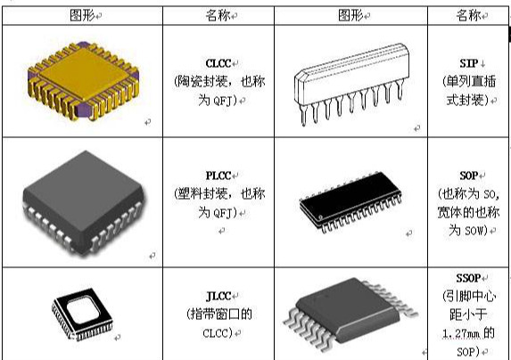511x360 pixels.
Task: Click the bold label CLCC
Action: (x=218, y=63)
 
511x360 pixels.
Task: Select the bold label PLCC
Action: (x=218, y=176)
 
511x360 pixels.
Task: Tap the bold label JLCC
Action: (x=218, y=296)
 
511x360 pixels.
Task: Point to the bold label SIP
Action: (x=469, y=63)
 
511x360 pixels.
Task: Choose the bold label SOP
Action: (x=468, y=176)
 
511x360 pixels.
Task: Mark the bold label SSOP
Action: (x=468, y=278)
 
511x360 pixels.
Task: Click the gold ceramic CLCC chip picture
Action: (x=84, y=81)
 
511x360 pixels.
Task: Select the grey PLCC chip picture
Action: (x=84, y=202)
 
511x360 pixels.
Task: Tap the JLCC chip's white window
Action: (x=83, y=311)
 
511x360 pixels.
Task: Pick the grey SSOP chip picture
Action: (x=350, y=314)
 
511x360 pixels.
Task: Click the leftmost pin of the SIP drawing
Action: (x=303, y=116)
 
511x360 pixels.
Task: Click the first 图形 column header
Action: (x=82, y=15)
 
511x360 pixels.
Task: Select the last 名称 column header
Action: (x=468, y=15)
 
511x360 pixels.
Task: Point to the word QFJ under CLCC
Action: (x=223, y=102)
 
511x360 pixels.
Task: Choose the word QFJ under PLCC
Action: (x=223, y=214)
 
